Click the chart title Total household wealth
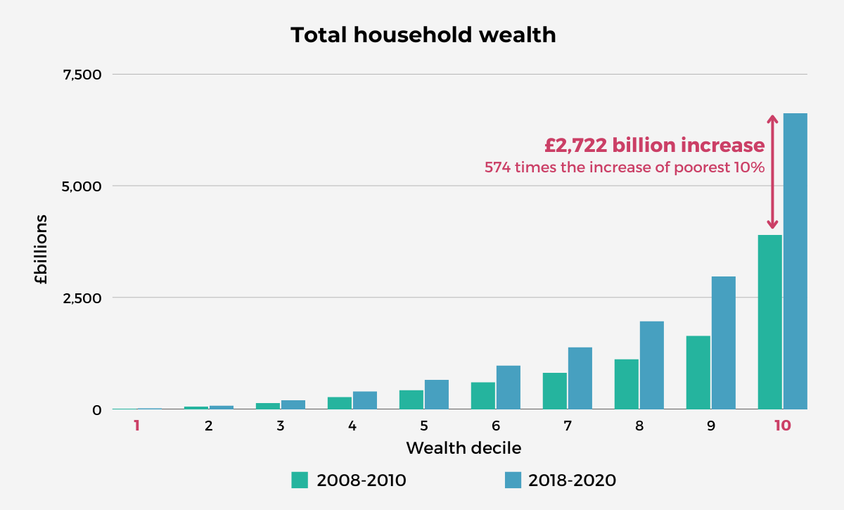[x=423, y=35]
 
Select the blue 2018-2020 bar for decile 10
[x=795, y=260]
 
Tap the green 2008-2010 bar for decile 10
[x=770, y=321]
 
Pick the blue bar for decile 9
[x=724, y=343]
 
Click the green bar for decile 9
[x=698, y=372]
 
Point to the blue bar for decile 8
[x=652, y=365]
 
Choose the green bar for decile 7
[x=555, y=390]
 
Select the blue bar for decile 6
[x=509, y=387]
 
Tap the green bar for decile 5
[x=411, y=399]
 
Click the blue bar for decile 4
[x=365, y=400]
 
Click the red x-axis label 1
[x=137, y=426]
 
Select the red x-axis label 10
[x=782, y=426]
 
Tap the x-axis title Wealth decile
[x=463, y=448]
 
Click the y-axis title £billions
[x=41, y=250]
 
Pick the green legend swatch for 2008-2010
[x=300, y=480]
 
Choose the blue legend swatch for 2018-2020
[x=513, y=480]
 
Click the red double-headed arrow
[x=772, y=172]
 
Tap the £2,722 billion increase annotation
[x=654, y=146]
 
